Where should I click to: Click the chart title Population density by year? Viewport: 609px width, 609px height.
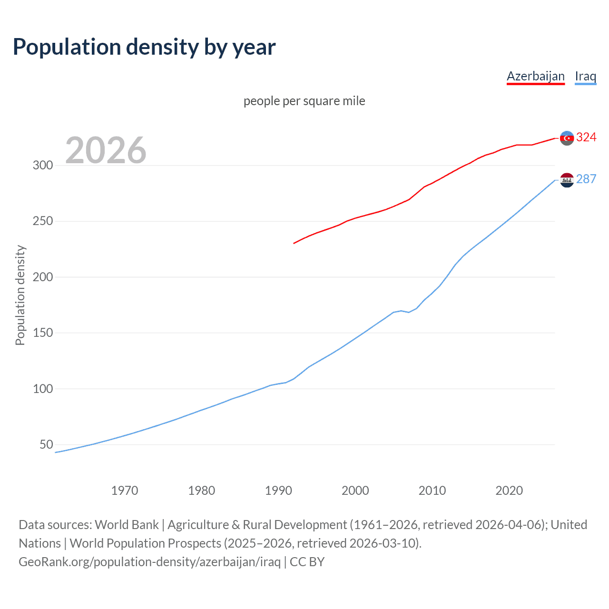click(144, 47)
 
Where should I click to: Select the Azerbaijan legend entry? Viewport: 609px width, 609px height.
click(535, 76)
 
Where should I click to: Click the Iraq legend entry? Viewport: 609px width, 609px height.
click(585, 76)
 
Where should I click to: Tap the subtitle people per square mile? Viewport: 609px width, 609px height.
click(304, 101)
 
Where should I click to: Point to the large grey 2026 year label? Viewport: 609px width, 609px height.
click(106, 150)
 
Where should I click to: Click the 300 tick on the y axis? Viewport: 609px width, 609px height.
click(42, 166)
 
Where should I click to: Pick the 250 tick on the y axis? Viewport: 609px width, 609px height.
click(42, 221)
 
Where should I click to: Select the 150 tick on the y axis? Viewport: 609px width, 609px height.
click(42, 333)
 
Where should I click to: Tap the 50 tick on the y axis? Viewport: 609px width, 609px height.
click(46, 444)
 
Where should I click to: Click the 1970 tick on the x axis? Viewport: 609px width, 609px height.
click(125, 491)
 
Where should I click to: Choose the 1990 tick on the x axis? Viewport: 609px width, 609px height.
click(278, 491)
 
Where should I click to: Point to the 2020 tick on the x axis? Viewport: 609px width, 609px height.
click(509, 491)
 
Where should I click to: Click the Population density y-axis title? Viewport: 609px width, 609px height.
click(20, 295)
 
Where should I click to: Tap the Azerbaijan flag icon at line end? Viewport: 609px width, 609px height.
click(567, 138)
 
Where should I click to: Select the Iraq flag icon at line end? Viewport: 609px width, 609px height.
click(567, 180)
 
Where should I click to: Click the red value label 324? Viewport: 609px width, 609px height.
click(586, 138)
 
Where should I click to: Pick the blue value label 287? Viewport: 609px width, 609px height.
click(586, 179)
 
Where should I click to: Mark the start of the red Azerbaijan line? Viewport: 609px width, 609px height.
click(294, 243)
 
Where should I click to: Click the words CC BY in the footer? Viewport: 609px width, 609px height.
click(307, 562)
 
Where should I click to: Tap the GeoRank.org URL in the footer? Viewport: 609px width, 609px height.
click(149, 562)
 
